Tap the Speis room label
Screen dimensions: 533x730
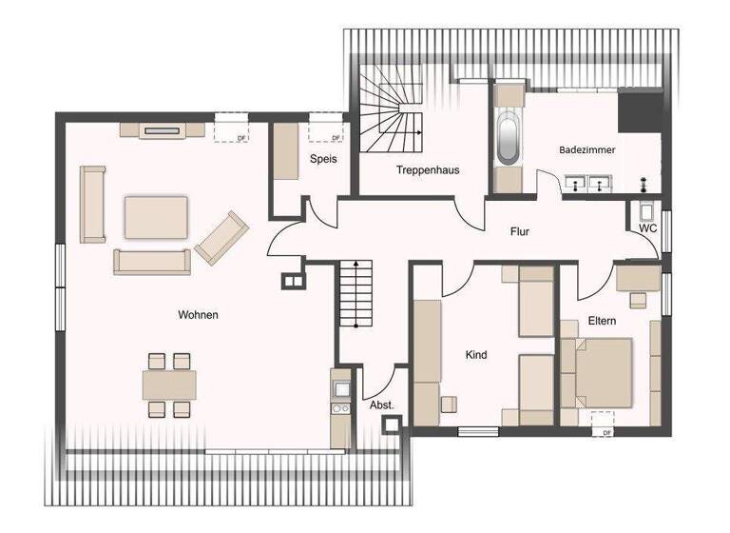322,159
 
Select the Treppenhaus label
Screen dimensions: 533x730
428,170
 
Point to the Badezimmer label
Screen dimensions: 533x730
586,150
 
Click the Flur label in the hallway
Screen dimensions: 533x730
519,231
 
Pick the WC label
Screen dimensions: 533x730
648,228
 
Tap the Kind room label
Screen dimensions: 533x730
476,355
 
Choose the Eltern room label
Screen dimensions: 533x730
602,321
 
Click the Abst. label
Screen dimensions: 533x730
381,405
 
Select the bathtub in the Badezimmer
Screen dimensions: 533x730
508,137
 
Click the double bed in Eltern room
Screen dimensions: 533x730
599,372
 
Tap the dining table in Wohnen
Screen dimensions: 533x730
169,385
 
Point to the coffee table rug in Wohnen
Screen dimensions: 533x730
157,217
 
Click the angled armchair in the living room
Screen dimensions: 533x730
221,238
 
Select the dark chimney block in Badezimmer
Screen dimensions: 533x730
639,111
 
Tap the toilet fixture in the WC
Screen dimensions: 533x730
647,212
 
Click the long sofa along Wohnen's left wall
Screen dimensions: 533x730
92,204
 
